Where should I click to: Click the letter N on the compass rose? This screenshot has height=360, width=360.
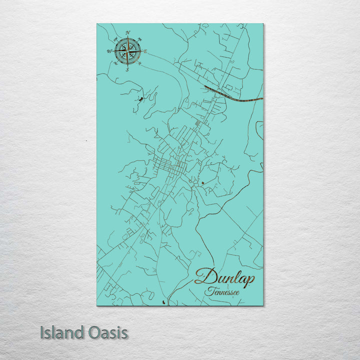[128, 33]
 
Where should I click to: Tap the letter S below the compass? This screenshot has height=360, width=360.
[127, 69]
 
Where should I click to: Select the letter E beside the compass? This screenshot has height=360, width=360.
[145, 51]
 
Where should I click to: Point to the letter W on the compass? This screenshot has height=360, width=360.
[109, 51]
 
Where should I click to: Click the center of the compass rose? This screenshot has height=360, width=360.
[127, 51]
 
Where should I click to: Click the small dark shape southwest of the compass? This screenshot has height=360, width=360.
[140, 99]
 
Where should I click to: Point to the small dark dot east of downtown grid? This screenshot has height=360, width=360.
[202, 183]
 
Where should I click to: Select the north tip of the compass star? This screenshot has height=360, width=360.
[127, 38]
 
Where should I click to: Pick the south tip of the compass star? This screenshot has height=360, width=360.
[127, 64]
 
